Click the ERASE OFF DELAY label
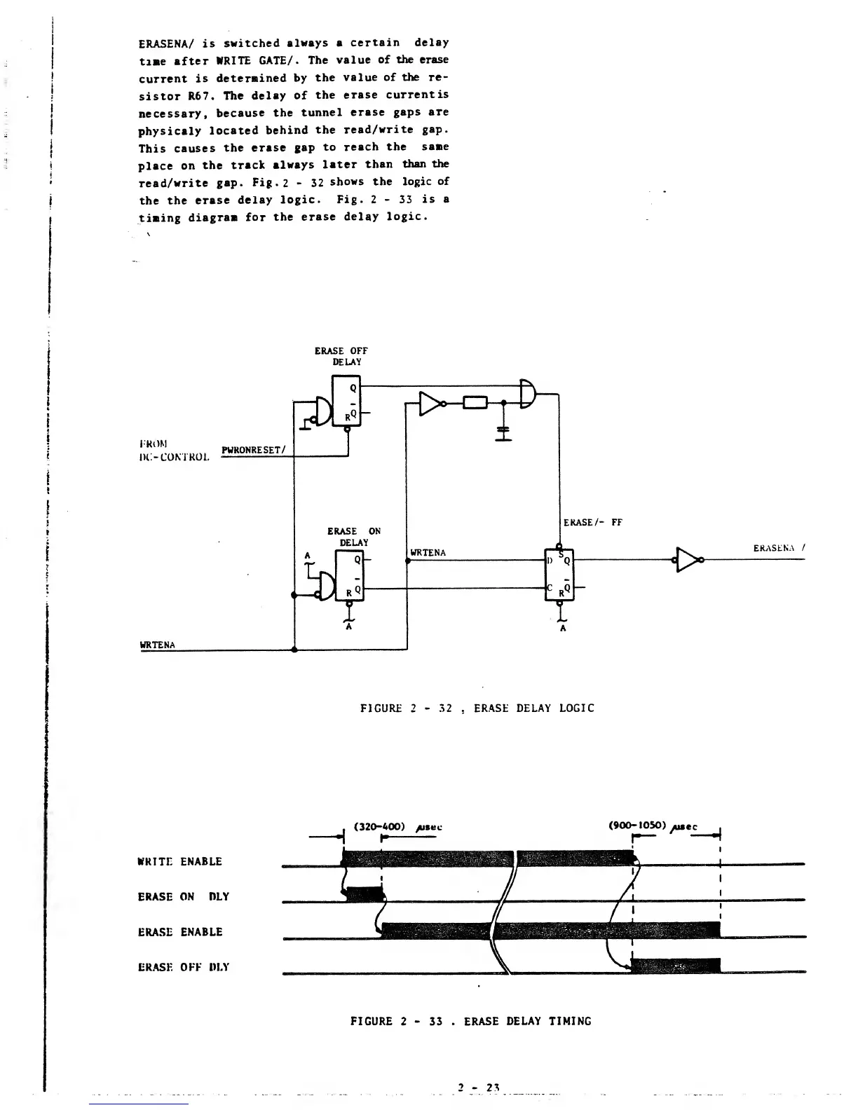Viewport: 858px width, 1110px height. pyautogui.click(x=341, y=356)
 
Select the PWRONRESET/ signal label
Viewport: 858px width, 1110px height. pyautogui.click(x=252, y=450)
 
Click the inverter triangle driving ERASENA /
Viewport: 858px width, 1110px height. pyautogui.click(x=688, y=559)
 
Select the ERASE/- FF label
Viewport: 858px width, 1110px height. pyautogui.click(x=593, y=522)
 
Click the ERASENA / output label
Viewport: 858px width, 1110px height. pyautogui.click(x=778, y=548)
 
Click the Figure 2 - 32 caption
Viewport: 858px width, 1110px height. pyautogui.click(x=477, y=708)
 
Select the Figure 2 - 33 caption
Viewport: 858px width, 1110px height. pyautogui.click(x=470, y=1021)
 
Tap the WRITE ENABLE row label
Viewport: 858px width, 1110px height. pyautogui.click(x=180, y=861)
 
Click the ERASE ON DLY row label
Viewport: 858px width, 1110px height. pyautogui.click(x=184, y=896)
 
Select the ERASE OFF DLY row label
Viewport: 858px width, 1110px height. pyautogui.click(x=184, y=967)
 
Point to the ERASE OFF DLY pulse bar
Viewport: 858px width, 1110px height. pyautogui.click(x=676, y=966)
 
